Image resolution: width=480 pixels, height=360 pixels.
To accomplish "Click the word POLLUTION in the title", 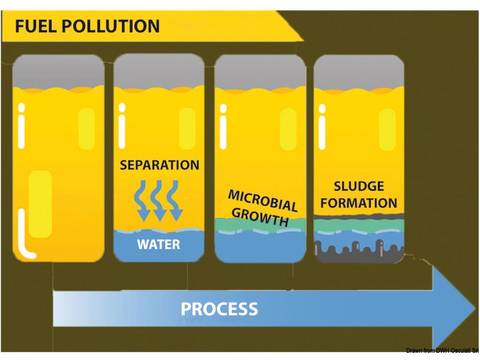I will tap(113, 26).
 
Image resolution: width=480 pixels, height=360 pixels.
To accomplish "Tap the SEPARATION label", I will tap(159, 164).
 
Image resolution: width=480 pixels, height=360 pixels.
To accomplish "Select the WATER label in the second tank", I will tap(158, 245).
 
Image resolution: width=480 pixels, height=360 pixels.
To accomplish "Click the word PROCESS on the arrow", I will tap(220, 309).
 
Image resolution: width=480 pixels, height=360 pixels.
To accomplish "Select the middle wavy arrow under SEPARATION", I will tap(159, 202).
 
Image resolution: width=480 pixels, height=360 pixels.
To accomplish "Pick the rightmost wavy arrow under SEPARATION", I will tap(175, 202).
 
